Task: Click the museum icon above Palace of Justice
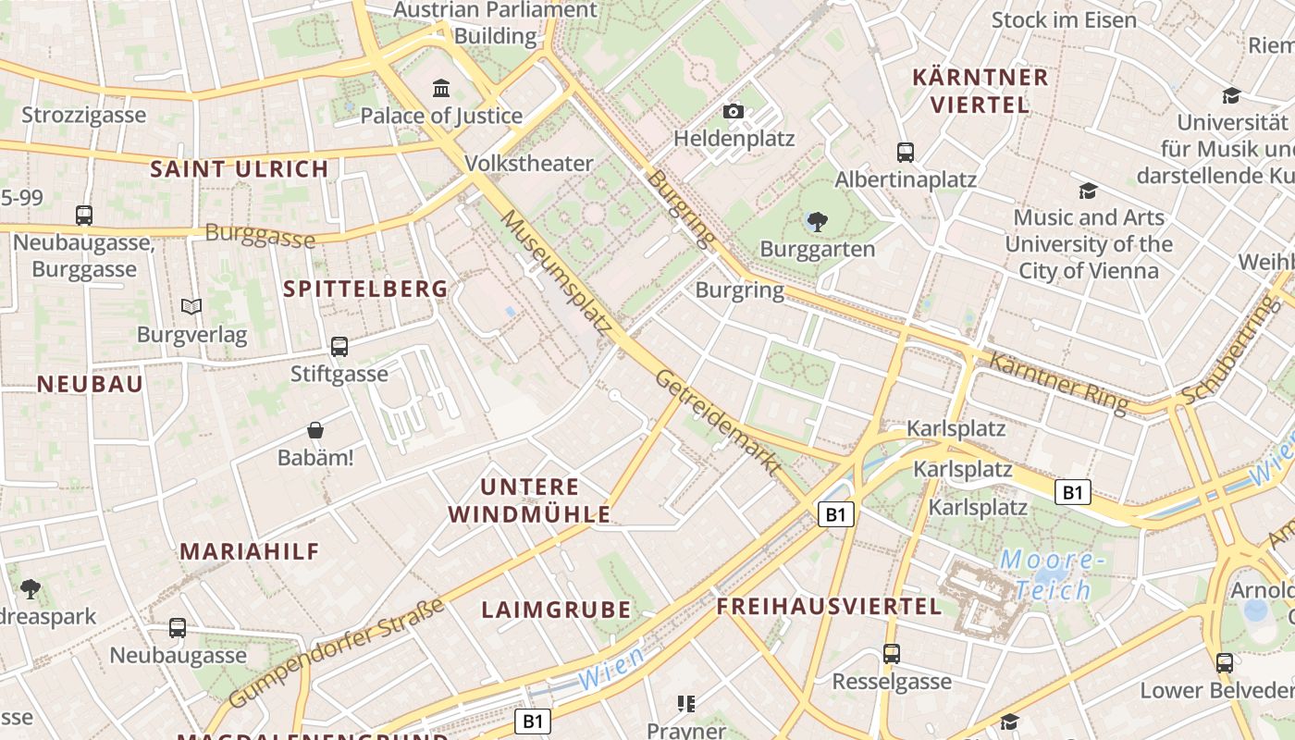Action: tap(442, 89)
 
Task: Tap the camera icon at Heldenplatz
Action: tap(734, 112)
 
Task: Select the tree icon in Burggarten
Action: tap(817, 222)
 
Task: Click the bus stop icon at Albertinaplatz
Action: tap(906, 153)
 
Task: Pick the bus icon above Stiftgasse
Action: tap(339, 347)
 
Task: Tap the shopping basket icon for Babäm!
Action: tap(315, 430)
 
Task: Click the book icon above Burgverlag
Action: tap(191, 306)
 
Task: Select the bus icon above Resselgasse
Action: tap(892, 654)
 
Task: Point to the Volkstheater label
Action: tap(528, 164)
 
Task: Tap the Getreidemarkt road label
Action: tap(718, 423)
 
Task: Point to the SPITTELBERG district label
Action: tap(365, 289)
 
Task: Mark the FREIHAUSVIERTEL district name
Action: tap(829, 607)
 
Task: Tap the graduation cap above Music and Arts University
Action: tap(1088, 191)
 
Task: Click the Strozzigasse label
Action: tap(84, 116)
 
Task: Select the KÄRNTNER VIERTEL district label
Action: tap(980, 91)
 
